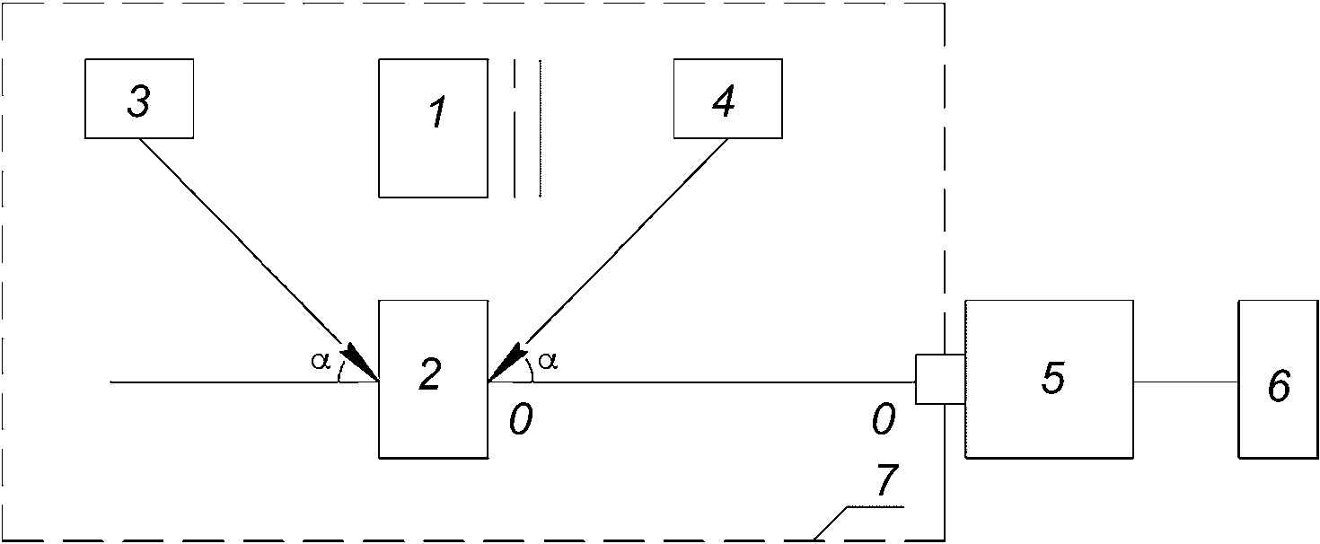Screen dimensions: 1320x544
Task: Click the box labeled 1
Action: tap(433, 127)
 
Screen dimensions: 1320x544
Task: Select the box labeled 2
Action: tap(433, 379)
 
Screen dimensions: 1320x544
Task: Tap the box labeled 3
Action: tap(139, 99)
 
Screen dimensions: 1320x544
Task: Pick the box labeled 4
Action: tap(727, 99)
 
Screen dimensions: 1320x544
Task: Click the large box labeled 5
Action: tap(1049, 379)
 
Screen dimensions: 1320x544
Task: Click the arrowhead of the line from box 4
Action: tap(506, 362)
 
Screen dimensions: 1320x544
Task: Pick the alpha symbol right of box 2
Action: tap(548, 361)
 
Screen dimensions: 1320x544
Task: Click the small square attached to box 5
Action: tap(940, 379)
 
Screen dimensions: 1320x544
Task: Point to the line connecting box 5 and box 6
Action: tap(1185, 382)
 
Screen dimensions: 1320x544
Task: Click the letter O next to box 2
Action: tap(520, 419)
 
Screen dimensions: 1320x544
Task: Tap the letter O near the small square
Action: tap(883, 419)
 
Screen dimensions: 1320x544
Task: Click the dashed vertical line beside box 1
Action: tap(515, 127)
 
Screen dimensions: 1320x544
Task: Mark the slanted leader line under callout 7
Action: tap(831, 522)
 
